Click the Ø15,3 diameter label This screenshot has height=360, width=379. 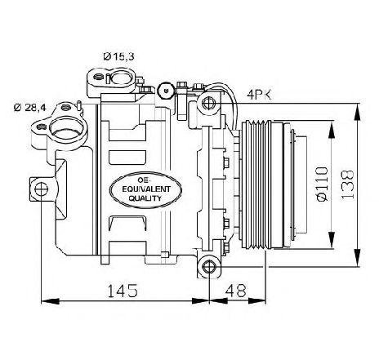[118, 56]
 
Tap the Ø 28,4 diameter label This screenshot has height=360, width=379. [30, 108]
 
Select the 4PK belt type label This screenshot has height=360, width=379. [259, 95]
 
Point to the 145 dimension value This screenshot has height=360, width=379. [123, 291]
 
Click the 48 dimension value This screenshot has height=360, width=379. [236, 291]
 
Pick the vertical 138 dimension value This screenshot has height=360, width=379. [348, 184]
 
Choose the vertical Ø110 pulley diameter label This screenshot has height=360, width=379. [322, 184]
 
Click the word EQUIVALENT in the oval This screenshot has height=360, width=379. [146, 189]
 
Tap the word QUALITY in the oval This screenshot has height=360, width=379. [145, 198]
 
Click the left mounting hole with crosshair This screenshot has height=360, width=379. [41, 189]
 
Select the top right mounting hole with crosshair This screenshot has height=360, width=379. [209, 103]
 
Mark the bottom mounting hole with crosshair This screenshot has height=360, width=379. [209, 267]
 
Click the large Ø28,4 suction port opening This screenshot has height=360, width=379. [67, 127]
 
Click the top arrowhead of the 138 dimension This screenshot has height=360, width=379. [358, 112]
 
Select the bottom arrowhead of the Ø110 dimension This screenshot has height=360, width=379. [332, 240]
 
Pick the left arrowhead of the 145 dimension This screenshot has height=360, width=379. [50, 301]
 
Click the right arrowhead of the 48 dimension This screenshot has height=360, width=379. [257, 301]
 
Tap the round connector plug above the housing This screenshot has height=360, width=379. [166, 91]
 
